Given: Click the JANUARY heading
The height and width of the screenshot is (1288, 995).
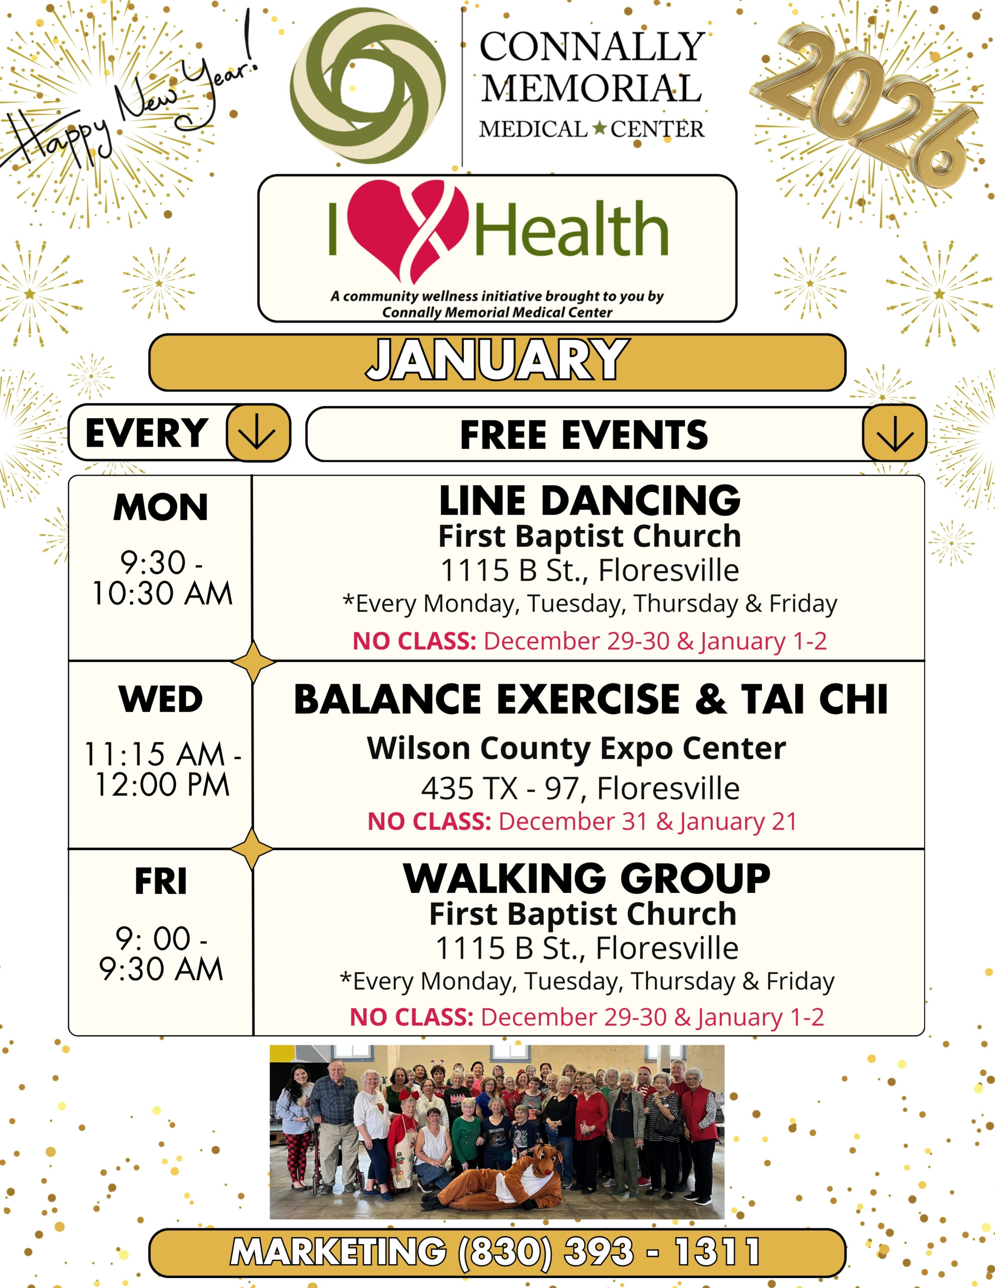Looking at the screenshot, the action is coord(497,360).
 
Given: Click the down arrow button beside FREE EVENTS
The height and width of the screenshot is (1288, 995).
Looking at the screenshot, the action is coord(894,434).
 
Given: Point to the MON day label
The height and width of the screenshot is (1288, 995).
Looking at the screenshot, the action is coord(160,507).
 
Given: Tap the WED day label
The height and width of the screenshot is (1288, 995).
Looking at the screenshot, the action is coord(160,699).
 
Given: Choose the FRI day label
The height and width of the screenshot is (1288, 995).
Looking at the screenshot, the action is coord(160,881).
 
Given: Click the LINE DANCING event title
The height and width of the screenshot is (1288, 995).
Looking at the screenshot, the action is coord(589,501).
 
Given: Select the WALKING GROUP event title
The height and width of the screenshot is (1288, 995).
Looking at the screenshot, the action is coord(587,879).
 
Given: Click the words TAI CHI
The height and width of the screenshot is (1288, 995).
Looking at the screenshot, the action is coord(814,699).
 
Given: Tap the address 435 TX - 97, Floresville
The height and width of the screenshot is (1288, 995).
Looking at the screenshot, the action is coord(581,788).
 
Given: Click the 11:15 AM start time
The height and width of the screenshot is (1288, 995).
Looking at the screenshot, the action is coord(154,754).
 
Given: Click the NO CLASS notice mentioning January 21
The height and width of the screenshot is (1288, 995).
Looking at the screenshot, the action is coord(582,822).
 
